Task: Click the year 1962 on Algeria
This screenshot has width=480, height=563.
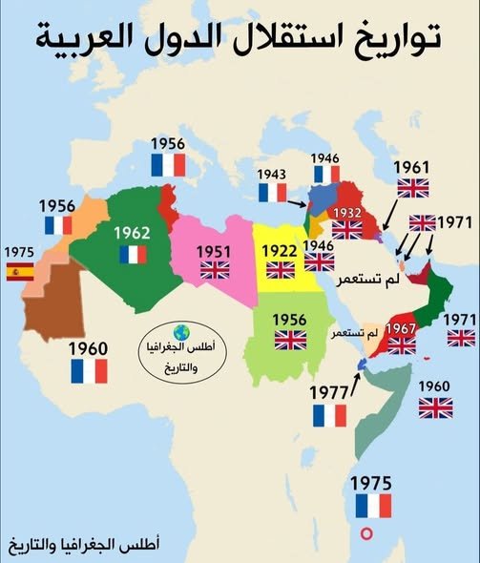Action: pos(133,232)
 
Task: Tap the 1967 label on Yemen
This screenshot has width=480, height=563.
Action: pos(402,327)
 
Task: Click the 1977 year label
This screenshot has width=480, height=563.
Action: pos(330,391)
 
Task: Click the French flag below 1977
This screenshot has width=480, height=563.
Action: pos(330,415)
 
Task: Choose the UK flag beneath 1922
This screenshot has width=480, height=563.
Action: pos(281,270)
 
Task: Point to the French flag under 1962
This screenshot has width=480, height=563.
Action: pos(133,254)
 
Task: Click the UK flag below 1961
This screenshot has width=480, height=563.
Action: pos(414,188)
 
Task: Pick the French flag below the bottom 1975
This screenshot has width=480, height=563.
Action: pos(373,505)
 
